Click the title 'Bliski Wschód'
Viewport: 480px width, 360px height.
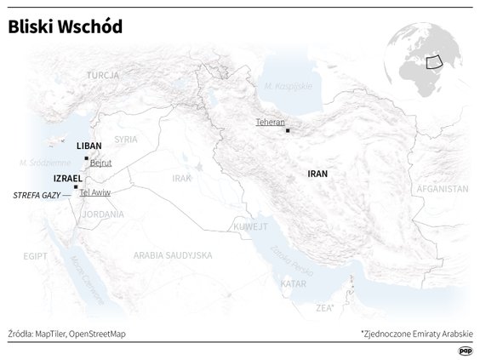[66, 28]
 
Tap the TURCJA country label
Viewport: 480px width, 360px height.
[101, 76]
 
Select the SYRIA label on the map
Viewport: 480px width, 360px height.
[126, 139]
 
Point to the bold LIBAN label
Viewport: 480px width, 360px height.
[89, 146]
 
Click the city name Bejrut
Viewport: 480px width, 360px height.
[101, 163]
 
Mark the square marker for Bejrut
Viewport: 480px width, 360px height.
[86, 158]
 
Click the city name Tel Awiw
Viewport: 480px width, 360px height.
[94, 192]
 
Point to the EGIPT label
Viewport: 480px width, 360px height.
[36, 254]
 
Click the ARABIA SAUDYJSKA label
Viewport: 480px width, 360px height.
[172, 254]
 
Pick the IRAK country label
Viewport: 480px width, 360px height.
[181, 178]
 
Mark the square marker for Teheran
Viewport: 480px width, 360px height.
[288, 130]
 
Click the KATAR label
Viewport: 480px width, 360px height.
[293, 283]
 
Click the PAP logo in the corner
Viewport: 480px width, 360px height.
[465, 350]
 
